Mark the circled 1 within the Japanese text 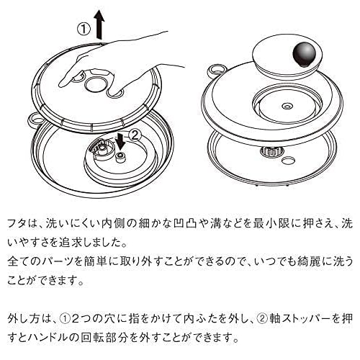click(78, 315)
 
